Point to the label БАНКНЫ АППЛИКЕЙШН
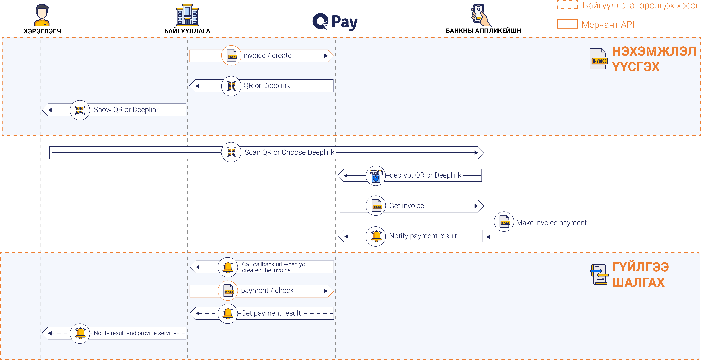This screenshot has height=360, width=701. click(483, 31)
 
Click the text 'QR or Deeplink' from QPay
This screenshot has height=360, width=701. click(267, 86)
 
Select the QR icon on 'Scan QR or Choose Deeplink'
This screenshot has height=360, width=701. click(231, 152)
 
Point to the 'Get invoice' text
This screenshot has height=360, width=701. click(407, 206)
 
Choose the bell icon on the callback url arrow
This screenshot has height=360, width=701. click(228, 267)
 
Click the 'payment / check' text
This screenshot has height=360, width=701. click(267, 291)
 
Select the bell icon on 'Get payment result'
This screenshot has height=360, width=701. click(228, 313)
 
